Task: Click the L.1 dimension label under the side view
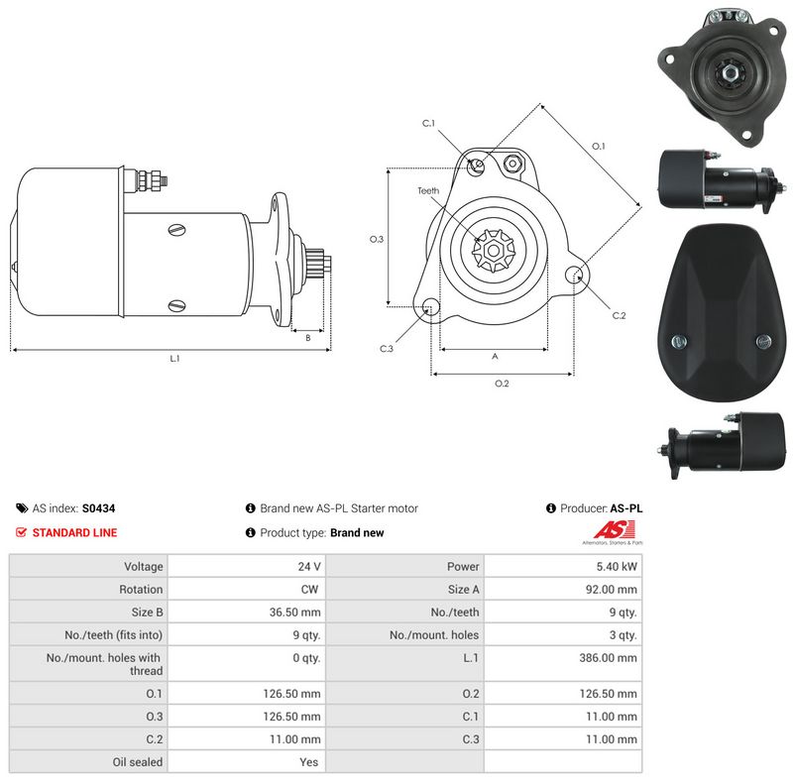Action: click(174, 359)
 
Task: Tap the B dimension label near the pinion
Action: click(308, 338)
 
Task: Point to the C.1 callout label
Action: click(428, 124)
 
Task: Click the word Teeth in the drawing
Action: click(428, 190)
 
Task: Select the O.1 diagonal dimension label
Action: click(599, 146)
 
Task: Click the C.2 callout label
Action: click(619, 315)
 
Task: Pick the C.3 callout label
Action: click(387, 349)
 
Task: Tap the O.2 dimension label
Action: click(502, 384)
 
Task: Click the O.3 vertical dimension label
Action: click(377, 239)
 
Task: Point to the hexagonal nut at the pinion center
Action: click(493, 250)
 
